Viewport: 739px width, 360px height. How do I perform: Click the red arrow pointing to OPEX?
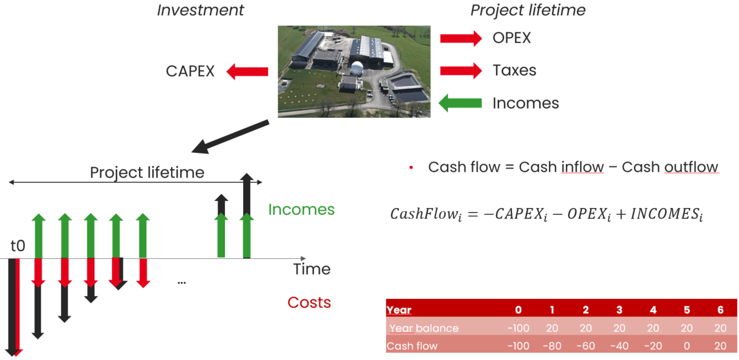[461, 38]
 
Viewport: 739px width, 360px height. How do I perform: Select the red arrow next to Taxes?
[461, 71]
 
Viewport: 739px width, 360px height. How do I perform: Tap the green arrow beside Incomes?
[460, 103]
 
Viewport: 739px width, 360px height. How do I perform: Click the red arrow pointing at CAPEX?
[247, 71]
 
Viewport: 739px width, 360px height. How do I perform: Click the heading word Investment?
[200, 10]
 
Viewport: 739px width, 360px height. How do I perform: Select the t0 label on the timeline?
[18, 246]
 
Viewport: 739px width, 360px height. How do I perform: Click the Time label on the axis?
[312, 269]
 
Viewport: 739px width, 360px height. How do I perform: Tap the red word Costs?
[309, 303]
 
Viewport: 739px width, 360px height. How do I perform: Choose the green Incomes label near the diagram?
[301, 210]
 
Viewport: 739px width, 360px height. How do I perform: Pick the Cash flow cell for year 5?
[686, 346]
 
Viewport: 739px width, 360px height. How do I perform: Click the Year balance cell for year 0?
[518, 328]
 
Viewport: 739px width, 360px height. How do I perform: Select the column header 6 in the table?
[721, 310]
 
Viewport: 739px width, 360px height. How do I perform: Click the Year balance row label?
[424, 328]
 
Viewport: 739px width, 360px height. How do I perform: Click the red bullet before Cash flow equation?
[411, 167]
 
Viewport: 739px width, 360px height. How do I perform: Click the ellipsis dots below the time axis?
[181, 283]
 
